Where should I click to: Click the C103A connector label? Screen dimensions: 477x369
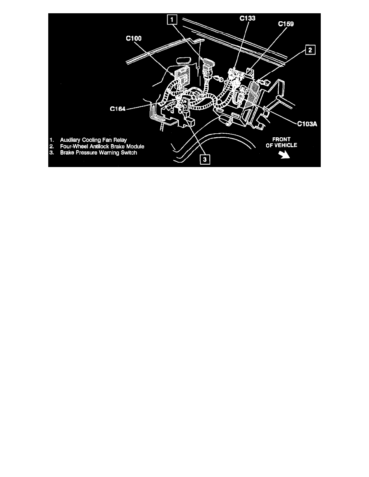[x=307, y=124]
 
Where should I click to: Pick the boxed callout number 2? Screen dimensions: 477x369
[x=310, y=50]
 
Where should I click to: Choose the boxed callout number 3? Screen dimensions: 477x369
[x=205, y=159]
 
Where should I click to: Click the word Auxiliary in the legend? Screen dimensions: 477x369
[x=71, y=139]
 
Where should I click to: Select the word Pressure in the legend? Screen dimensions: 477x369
[x=85, y=153]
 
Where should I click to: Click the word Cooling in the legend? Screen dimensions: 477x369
[x=93, y=139]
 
